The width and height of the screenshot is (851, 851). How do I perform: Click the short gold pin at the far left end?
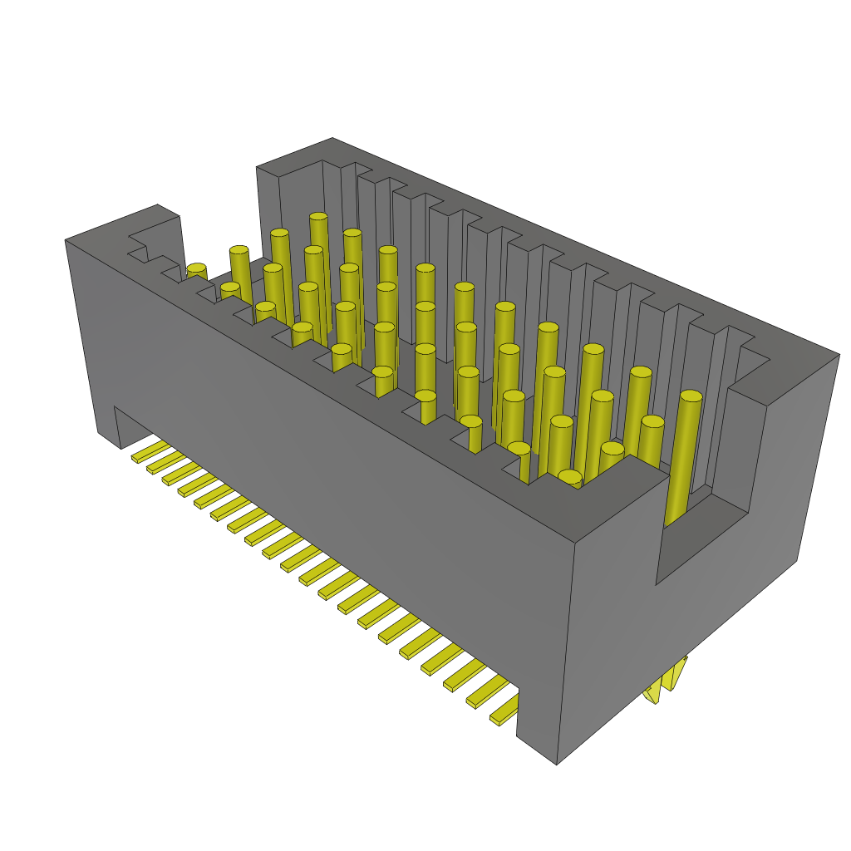(x=196, y=271)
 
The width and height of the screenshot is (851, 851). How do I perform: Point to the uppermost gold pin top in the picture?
(x=318, y=218)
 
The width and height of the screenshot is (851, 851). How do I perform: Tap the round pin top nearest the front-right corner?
(x=570, y=477)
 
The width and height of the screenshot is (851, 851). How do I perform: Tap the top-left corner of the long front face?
(x=66, y=240)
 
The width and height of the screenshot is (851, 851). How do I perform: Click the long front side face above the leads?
(x=332, y=465)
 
